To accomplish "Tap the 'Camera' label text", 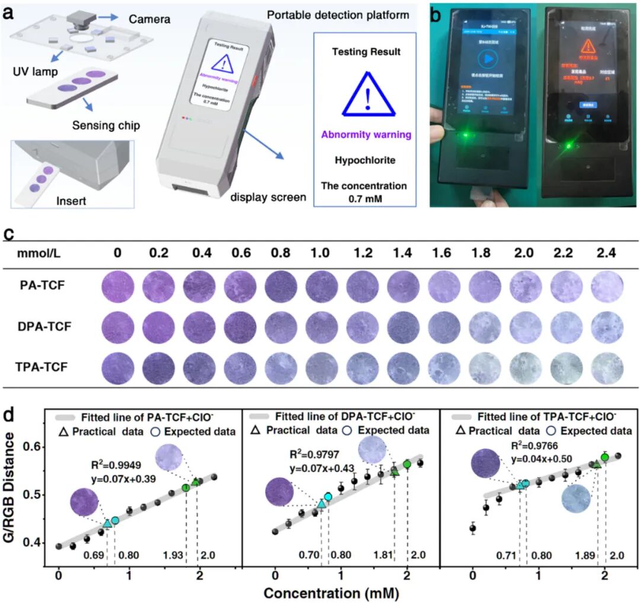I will click(x=149, y=20).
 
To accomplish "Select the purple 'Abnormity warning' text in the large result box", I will click(x=366, y=135).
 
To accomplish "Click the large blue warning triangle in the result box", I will click(x=366, y=93).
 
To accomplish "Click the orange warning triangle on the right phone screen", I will click(x=588, y=46).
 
